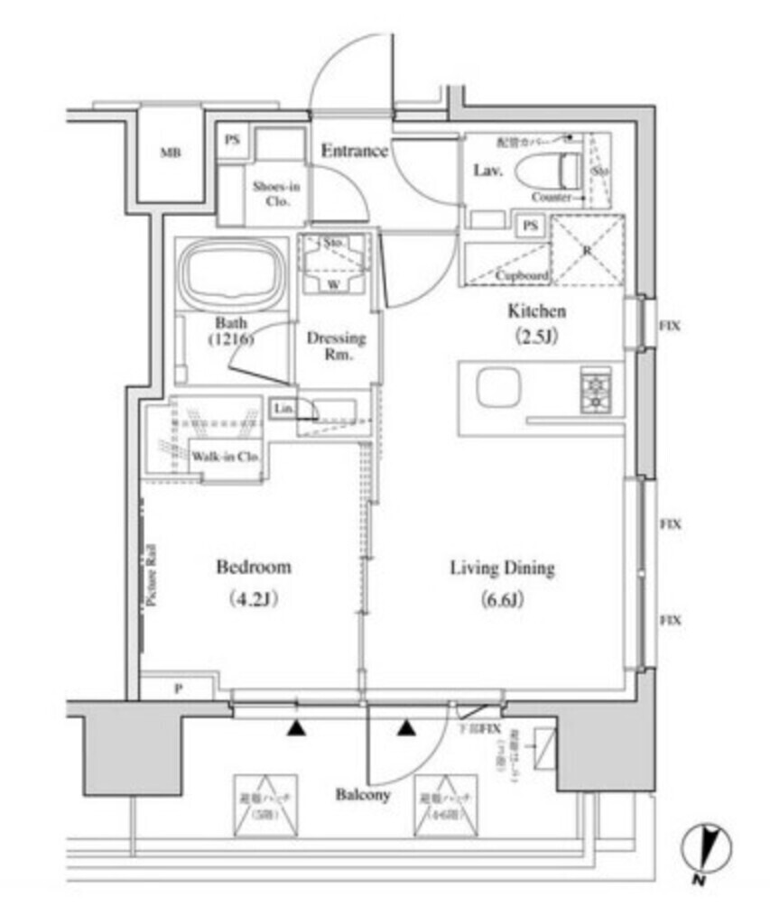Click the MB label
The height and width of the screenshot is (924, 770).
click(171, 153)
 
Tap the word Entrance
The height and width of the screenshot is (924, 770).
click(355, 151)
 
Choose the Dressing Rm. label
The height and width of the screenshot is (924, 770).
click(337, 346)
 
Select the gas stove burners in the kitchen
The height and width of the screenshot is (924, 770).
click(596, 390)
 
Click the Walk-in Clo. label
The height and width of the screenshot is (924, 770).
click(226, 457)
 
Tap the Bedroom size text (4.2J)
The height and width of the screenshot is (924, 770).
click(252, 599)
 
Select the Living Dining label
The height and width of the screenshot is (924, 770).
click(502, 568)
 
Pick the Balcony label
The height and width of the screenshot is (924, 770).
click(363, 795)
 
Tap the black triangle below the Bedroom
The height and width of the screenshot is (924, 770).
click(296, 727)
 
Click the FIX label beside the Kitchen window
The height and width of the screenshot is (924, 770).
click(668, 326)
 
